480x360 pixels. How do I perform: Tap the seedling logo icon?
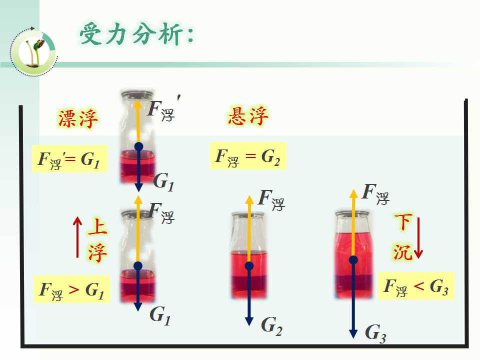click(33, 51)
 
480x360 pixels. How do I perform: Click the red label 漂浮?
click(78, 118)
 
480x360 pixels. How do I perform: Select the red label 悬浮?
click(248, 116)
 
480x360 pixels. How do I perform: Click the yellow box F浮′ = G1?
click(70, 159)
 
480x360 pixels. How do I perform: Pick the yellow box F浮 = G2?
click(247, 156)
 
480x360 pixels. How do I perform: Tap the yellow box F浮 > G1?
click(71, 289)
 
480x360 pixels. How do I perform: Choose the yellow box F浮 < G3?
click(416, 286)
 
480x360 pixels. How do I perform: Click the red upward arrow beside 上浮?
click(77, 237)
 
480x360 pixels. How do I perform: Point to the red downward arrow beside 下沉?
click(418, 238)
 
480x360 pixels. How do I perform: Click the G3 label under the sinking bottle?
click(375, 333)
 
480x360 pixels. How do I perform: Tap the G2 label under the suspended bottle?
click(271, 325)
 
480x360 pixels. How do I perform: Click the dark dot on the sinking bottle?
click(353, 260)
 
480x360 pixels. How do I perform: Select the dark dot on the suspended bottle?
click(249, 265)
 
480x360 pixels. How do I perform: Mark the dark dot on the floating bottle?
click(138, 146)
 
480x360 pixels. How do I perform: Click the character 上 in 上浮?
click(97, 227)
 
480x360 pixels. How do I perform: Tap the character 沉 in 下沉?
click(402, 251)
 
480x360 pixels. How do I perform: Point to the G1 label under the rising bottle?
click(160, 315)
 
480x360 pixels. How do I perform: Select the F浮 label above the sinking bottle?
click(375, 194)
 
